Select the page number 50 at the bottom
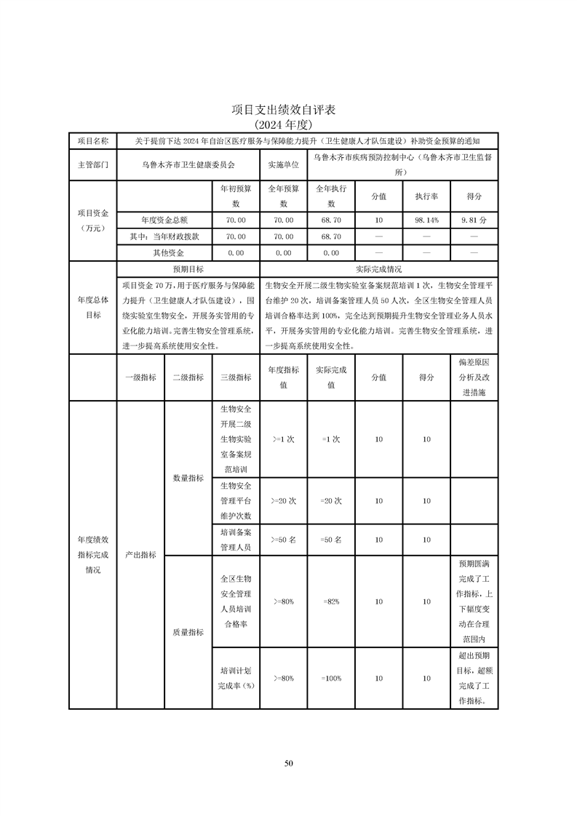tap(288, 763)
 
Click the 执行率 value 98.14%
tap(426, 219)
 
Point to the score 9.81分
tap(474, 219)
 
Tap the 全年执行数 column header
tap(331, 196)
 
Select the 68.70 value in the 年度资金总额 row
tap(331, 219)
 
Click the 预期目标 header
tap(188, 268)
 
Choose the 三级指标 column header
tap(235, 377)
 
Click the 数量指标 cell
tap(188, 478)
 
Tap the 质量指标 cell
tap(188, 632)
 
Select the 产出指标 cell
tap(140, 554)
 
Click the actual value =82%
tap(331, 601)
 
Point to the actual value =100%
tap(331, 678)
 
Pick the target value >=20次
tap(284, 501)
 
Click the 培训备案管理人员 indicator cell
tap(235, 540)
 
